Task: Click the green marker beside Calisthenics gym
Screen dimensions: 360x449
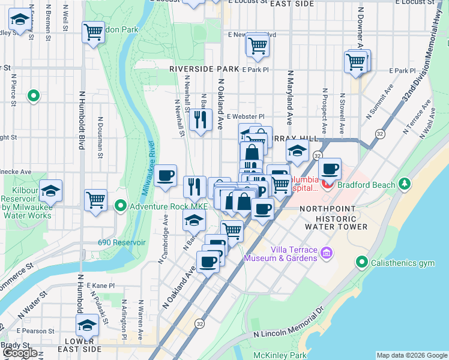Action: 361,262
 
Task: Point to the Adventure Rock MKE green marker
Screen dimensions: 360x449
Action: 121,207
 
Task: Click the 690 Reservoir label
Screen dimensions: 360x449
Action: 122,243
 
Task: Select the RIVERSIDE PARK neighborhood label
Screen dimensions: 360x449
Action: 204,69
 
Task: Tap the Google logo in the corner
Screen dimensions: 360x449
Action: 20,353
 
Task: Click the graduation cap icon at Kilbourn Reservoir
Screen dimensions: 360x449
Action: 51,189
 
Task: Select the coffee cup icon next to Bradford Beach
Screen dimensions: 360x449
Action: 330,168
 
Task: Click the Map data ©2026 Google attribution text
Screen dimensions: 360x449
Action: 411,355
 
